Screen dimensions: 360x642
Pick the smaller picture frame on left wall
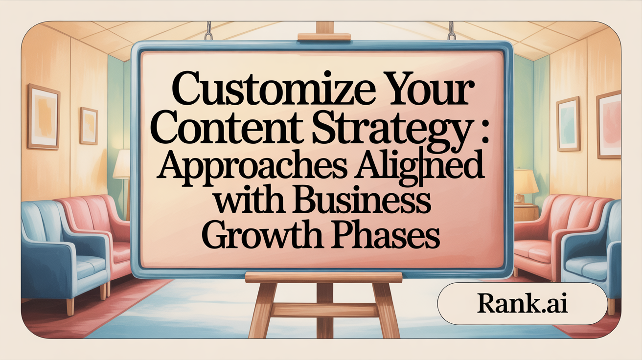pos(89,125)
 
